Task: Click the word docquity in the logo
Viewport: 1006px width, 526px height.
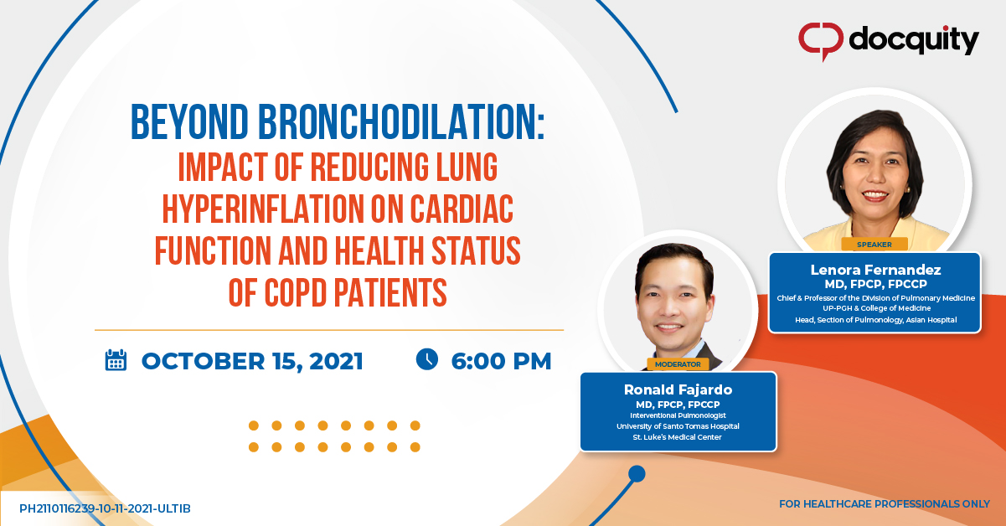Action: (x=914, y=39)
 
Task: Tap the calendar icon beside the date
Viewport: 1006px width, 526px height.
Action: (x=116, y=360)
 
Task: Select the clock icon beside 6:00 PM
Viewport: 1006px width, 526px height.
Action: (x=427, y=359)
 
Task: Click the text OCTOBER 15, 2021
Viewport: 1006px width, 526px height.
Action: (x=252, y=361)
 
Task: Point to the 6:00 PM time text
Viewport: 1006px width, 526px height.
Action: (x=501, y=361)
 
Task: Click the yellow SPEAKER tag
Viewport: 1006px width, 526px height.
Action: (x=874, y=245)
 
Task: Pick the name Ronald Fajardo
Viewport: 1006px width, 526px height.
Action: (x=678, y=389)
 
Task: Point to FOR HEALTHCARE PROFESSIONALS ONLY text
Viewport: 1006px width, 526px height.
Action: (x=885, y=504)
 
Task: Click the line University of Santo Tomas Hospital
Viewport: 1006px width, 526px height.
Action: (x=678, y=426)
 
